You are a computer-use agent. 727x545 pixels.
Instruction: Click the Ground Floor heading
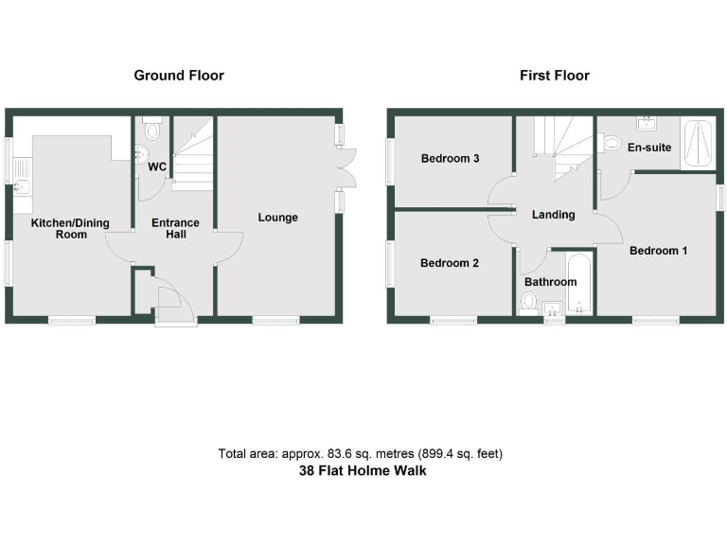tap(179, 75)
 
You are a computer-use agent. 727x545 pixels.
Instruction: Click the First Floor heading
tap(554, 75)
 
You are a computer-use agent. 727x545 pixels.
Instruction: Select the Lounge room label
tap(277, 218)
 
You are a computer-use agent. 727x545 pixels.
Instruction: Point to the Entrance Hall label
tap(176, 229)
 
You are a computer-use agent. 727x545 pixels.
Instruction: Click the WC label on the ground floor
tap(157, 167)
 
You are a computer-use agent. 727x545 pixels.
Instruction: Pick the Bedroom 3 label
tap(450, 159)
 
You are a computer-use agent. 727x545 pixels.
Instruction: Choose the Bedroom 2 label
tap(450, 263)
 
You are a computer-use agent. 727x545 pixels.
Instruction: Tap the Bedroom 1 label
tap(659, 251)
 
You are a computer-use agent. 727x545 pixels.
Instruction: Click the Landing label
tap(553, 215)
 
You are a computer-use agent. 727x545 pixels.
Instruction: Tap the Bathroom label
tap(550, 282)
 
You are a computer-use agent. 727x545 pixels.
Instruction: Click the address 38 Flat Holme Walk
tap(363, 470)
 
